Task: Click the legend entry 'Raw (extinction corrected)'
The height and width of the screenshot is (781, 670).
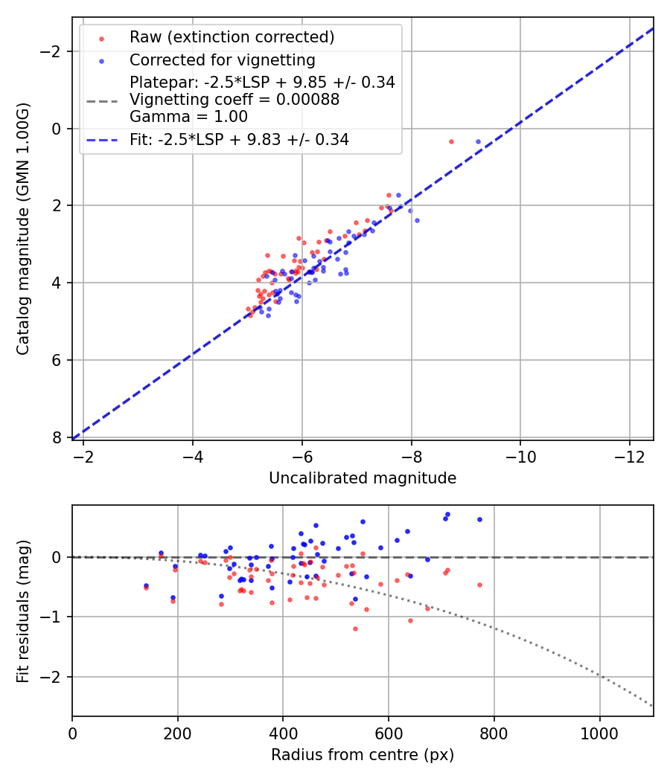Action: click(x=232, y=37)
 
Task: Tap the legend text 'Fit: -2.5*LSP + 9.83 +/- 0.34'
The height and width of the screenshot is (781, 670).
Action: click(x=239, y=139)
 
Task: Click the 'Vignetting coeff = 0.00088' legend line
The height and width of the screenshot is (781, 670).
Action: click(x=234, y=100)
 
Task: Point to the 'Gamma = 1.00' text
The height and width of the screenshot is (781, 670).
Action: click(x=188, y=117)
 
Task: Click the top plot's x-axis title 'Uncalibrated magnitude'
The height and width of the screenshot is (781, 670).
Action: click(x=363, y=478)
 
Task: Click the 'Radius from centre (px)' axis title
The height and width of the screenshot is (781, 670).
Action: click(x=363, y=755)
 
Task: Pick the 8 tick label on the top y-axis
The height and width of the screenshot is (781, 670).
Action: click(x=57, y=437)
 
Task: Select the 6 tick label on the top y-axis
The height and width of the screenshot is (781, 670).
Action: click(x=57, y=360)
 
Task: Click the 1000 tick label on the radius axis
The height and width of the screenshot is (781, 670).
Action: click(x=599, y=732)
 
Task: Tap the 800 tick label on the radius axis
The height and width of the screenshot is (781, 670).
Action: click(x=494, y=732)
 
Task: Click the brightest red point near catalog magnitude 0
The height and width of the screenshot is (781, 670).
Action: click(x=451, y=141)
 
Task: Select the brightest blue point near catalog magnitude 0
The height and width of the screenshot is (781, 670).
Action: click(x=479, y=141)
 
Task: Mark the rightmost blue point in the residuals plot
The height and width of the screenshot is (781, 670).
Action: click(x=479, y=519)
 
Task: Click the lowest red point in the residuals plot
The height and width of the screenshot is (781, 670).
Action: click(x=355, y=629)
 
